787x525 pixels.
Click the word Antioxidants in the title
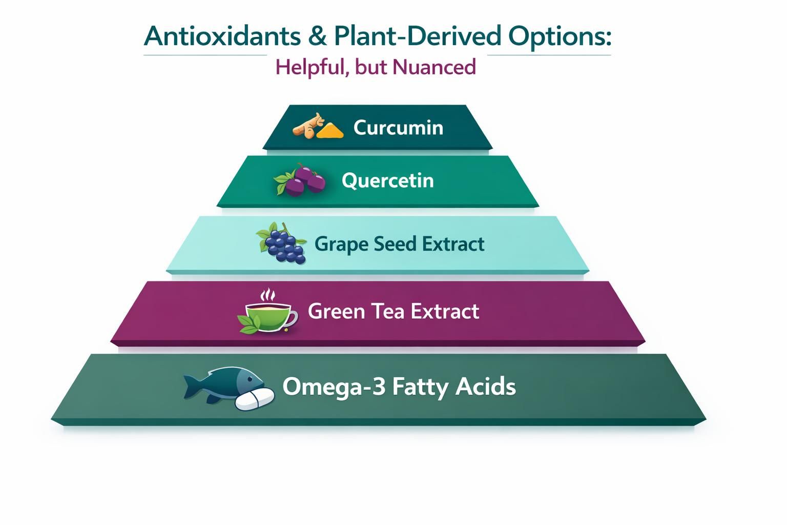222,36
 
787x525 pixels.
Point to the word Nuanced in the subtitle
434,67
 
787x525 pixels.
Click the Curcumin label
398,127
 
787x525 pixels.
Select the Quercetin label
387,181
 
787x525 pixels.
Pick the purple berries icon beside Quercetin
300,179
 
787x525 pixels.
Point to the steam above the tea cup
267,294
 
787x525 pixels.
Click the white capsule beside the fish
255,399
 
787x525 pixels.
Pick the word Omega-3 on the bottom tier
334,387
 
